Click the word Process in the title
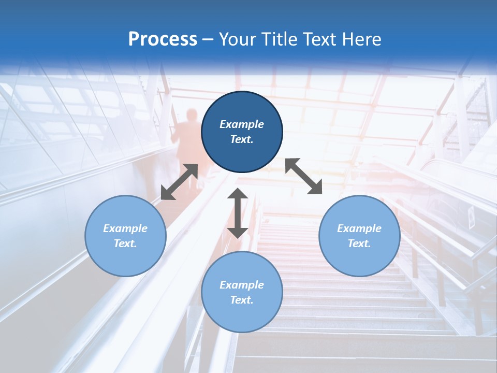[163, 39]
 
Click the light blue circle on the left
[125, 236]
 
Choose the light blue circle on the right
[359, 236]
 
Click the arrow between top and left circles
[179, 182]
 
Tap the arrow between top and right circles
[304, 176]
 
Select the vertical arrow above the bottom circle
[238, 213]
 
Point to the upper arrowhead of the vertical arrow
[238, 194]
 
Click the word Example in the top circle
[242, 124]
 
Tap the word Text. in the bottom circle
[242, 300]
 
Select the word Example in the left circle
[125, 228]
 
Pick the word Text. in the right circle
[359, 243]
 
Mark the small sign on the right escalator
[472, 218]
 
